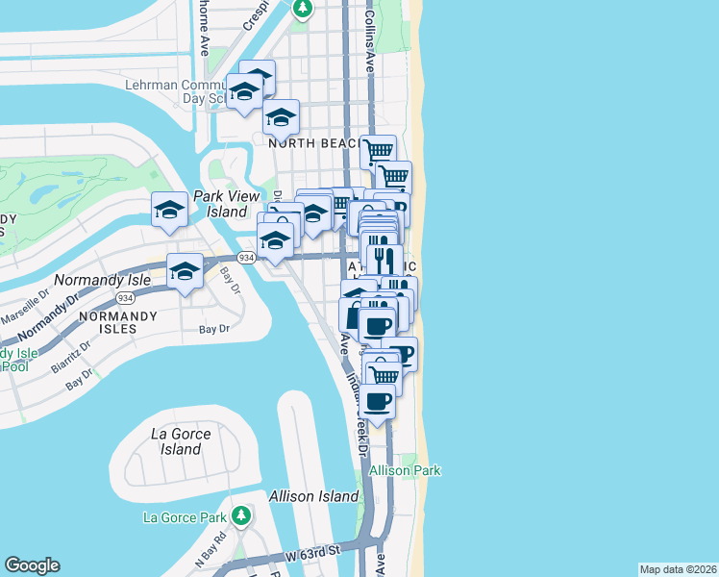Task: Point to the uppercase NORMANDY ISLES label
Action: (x=123, y=321)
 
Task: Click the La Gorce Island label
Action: (x=181, y=440)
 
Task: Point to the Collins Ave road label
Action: (x=369, y=43)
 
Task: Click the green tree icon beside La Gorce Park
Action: (x=241, y=516)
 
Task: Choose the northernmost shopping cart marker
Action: (x=378, y=150)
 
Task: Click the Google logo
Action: (x=32, y=565)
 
